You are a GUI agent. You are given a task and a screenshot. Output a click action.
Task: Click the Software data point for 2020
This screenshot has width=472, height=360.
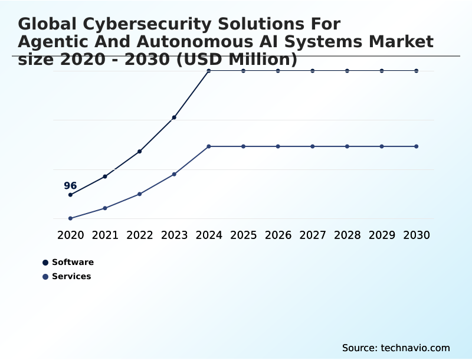[x=70, y=195]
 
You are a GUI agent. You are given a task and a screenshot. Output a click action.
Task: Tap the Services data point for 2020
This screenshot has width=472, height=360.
[x=70, y=218]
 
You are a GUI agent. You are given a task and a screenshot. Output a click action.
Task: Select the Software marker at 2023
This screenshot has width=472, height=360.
[x=174, y=117]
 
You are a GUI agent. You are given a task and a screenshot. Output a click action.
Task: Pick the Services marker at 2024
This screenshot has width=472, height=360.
[x=209, y=146]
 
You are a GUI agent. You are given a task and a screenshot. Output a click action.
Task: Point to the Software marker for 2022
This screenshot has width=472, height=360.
[x=140, y=152]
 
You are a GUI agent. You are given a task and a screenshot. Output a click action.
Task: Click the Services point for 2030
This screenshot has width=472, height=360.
[x=417, y=146]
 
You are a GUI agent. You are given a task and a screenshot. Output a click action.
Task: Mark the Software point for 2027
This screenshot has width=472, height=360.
[x=313, y=71]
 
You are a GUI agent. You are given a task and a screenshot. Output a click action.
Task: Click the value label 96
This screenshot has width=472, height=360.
[x=70, y=186]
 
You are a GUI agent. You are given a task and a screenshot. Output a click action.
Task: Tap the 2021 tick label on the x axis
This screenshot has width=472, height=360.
[x=105, y=235]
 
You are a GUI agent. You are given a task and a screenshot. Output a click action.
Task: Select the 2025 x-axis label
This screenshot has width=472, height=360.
[x=243, y=235]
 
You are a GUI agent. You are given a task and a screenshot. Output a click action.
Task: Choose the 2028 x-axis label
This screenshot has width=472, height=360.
[x=347, y=235]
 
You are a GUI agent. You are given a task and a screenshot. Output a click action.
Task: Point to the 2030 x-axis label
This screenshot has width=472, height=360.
[x=417, y=235]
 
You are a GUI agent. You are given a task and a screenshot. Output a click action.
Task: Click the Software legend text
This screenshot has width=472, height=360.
[x=73, y=262]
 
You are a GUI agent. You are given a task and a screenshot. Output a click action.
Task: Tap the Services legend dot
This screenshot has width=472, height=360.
[x=45, y=277]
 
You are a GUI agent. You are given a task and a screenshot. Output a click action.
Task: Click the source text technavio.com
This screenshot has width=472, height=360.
[x=416, y=348]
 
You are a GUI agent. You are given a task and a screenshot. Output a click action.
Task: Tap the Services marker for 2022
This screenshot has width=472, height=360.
[x=140, y=194]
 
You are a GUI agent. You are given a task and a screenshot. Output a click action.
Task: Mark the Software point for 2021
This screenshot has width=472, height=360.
[x=105, y=176]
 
